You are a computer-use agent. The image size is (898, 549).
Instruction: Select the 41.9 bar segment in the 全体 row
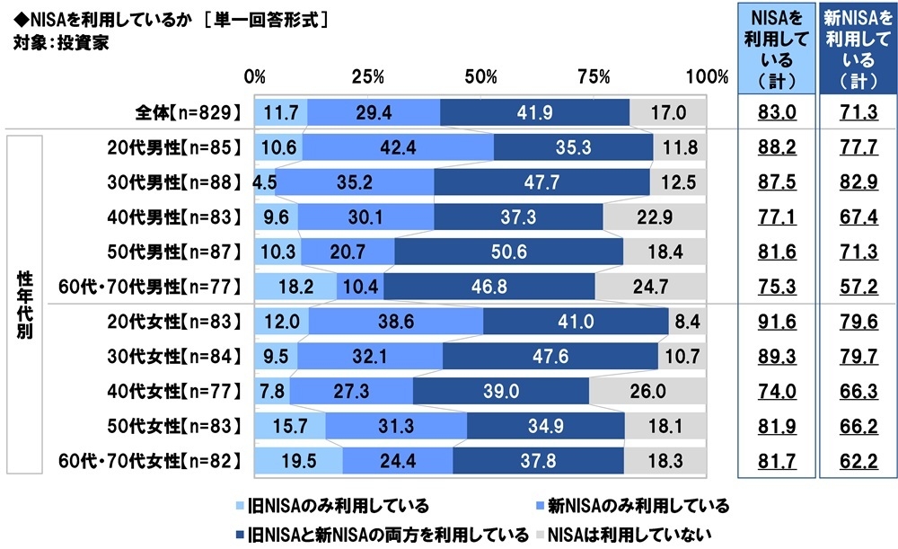coord(534,113)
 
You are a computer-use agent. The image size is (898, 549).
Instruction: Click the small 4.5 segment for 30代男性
coord(266,182)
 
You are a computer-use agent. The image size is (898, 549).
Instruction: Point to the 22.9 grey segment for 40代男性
coord(655,217)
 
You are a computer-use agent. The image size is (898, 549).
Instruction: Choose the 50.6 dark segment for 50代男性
coord(508,252)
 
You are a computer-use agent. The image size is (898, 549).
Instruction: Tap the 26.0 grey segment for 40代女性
coord(647,391)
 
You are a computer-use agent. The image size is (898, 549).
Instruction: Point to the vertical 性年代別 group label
coord(27,304)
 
